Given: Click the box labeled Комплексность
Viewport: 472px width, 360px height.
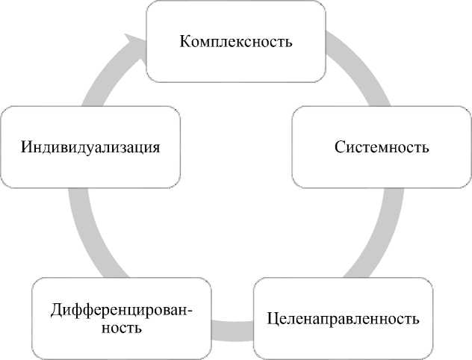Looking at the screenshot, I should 235,41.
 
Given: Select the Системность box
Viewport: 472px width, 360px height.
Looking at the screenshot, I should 381,146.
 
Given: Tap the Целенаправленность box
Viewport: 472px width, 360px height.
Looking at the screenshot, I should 343,320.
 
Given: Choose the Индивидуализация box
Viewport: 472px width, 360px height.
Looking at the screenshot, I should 90,146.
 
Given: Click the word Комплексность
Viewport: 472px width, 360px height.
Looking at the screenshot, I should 235,40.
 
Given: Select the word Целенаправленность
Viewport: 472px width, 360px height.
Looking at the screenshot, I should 343,320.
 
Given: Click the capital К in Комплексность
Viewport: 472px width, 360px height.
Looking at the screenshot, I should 185,40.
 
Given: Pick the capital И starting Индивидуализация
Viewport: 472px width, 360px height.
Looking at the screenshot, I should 26,146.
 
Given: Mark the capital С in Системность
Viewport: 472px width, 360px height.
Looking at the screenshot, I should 338,146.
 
